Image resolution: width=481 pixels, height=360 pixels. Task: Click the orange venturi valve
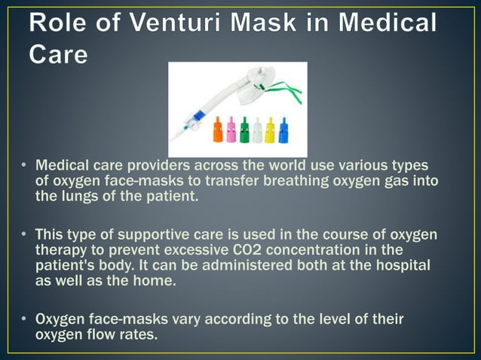click(218, 130)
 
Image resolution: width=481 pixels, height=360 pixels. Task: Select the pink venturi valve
click(231, 130)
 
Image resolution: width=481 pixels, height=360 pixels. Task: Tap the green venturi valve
click(244, 130)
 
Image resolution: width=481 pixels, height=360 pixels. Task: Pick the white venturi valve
click(257, 130)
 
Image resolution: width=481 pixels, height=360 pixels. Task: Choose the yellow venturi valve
click(270, 130)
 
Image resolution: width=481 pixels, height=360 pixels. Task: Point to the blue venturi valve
click(283, 130)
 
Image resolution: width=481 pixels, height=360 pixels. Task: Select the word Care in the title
click(59, 54)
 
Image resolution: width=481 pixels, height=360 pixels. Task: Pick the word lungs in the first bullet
click(80, 197)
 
